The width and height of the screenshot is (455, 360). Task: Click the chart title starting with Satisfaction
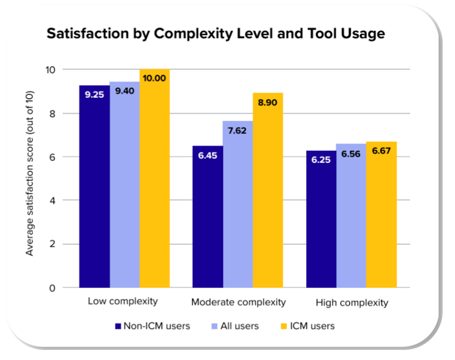(x=216, y=33)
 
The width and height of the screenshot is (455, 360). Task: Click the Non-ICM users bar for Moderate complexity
(x=207, y=217)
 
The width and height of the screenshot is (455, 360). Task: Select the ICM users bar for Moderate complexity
(x=268, y=190)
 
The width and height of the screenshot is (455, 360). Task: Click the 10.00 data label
(x=154, y=78)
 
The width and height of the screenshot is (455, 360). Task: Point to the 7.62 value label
(x=238, y=131)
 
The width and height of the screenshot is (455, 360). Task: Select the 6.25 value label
(x=321, y=160)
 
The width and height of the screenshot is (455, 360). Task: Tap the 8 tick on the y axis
(x=66, y=113)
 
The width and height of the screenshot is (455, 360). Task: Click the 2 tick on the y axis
(x=66, y=244)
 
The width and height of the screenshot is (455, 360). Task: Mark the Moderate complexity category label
(x=239, y=303)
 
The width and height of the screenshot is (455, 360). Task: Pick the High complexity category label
(x=352, y=303)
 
